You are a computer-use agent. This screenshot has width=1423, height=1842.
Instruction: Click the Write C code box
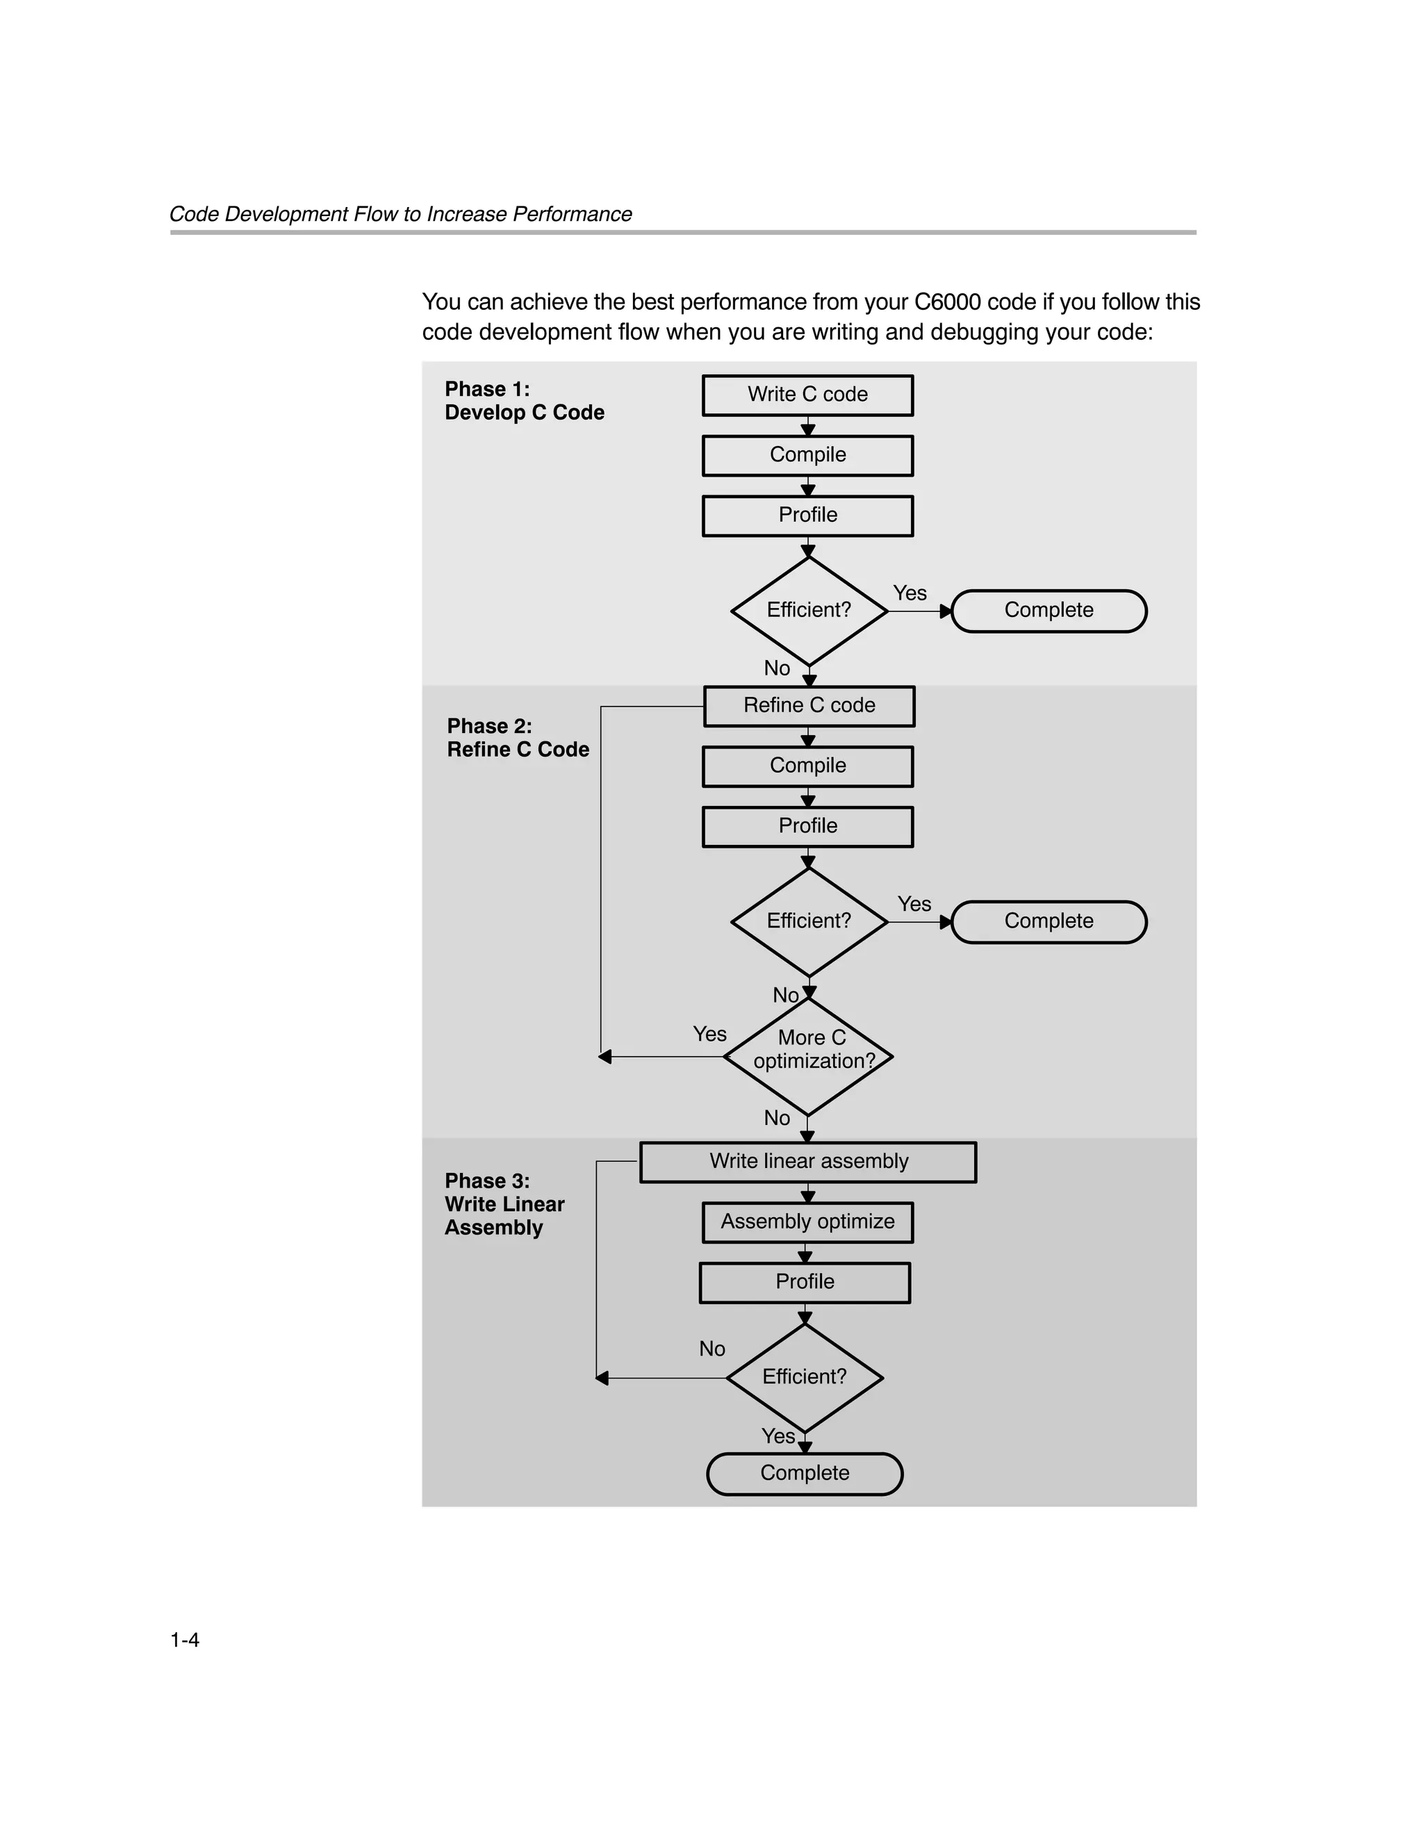pos(807,395)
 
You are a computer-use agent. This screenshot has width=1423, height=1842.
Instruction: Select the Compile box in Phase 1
pos(807,455)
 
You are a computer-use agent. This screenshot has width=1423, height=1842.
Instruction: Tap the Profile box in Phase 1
pos(807,516)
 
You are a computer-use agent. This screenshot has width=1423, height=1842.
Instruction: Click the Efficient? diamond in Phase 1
pos(809,611)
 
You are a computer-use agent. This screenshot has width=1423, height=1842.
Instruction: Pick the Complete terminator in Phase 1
pos(1048,611)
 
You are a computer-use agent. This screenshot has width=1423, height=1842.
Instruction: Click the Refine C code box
pos(809,706)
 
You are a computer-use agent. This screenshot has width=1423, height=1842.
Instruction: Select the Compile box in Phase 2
pos(807,766)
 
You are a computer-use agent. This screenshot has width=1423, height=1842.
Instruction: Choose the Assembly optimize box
pos(807,1222)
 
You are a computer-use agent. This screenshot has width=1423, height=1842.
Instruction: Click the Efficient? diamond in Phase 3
pos(805,1377)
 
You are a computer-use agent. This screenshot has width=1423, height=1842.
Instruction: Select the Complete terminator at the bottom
pos(805,1474)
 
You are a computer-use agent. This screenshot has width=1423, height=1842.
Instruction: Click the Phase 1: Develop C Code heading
pos(524,401)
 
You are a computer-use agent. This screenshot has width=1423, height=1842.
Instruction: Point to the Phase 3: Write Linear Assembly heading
pos(504,1203)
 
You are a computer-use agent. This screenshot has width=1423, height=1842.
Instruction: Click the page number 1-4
pos(185,1640)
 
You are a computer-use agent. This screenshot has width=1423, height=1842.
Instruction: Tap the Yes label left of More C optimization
pos(709,1034)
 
